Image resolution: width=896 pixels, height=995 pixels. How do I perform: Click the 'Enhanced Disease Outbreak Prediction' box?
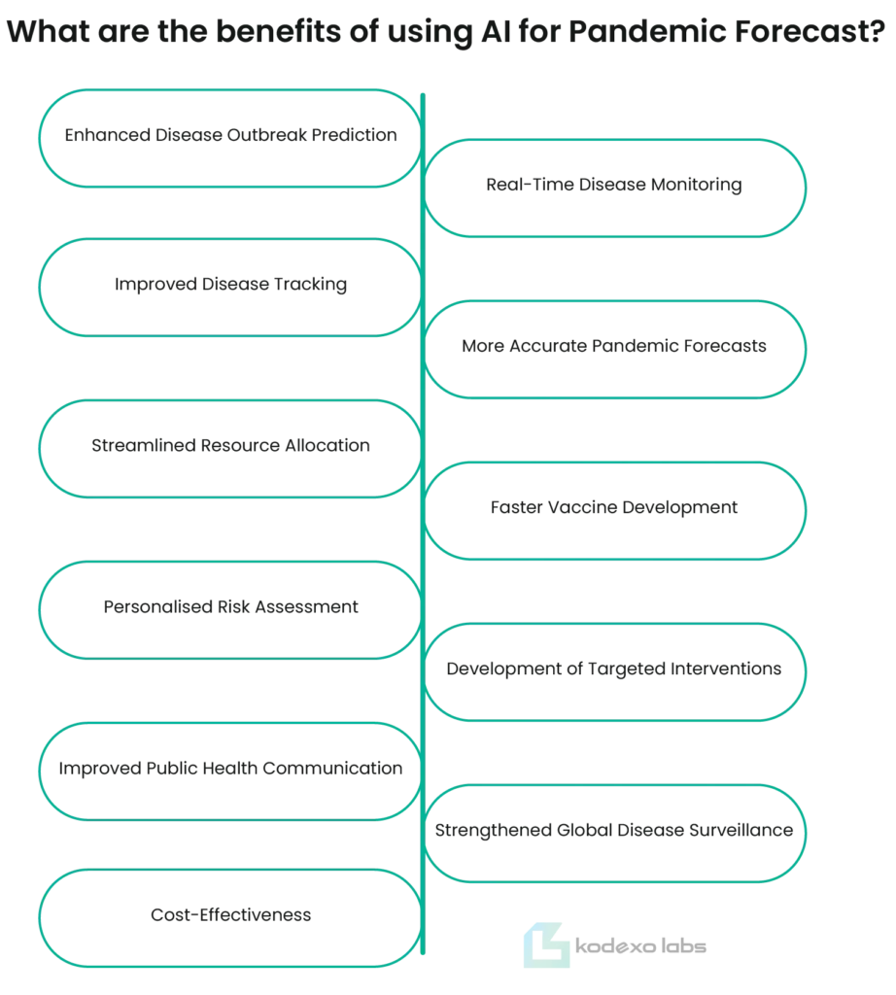[230, 138]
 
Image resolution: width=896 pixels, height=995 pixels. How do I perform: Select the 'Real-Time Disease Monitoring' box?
[614, 188]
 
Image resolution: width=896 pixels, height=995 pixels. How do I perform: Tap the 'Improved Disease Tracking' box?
[230, 288]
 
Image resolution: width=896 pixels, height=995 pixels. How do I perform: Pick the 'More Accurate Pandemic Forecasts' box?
[614, 350]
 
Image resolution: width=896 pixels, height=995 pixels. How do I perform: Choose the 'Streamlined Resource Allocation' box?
[230, 449]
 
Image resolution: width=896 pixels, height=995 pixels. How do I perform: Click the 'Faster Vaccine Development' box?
[614, 511]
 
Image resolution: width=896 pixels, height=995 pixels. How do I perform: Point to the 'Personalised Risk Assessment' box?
[230, 610]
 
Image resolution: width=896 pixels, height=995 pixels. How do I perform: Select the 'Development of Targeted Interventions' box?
[614, 672]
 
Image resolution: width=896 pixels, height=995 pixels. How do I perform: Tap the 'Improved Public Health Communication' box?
[230, 771]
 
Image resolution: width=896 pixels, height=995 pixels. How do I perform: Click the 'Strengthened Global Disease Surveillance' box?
[614, 833]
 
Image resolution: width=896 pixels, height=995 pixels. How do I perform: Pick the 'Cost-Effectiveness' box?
[230, 918]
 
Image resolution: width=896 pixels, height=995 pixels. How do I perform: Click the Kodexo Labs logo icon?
[546, 944]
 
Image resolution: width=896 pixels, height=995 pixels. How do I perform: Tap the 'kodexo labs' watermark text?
[640, 946]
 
